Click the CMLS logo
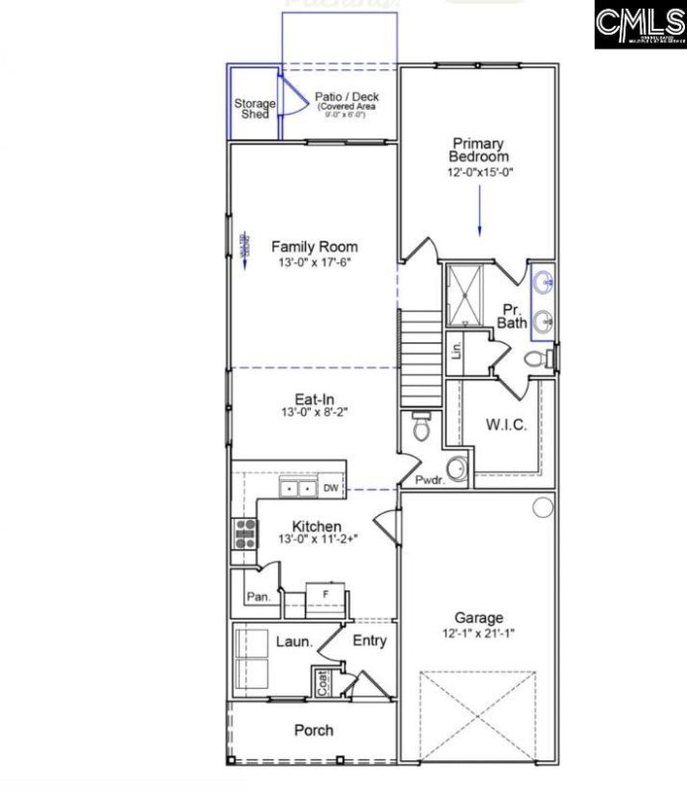click(639, 25)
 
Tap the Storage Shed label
click(254, 108)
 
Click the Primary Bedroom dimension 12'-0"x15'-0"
click(479, 171)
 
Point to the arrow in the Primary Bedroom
click(479, 213)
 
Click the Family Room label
click(314, 247)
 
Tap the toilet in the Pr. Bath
click(535, 358)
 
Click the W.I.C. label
click(506, 425)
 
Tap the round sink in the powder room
click(458, 467)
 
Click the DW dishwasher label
click(331, 488)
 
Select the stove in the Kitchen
click(244, 535)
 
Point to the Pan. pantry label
click(258, 597)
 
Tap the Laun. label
click(294, 642)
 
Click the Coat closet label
click(323, 682)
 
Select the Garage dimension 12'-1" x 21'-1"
click(479, 633)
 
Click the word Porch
click(313, 731)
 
